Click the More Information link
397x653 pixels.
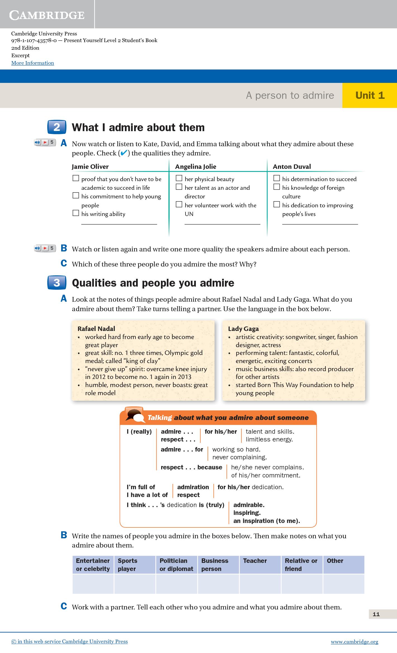coord(32,63)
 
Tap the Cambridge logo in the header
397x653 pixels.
coord(47,15)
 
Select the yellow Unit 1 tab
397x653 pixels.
coord(370,95)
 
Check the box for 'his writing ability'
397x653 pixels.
coord(76,213)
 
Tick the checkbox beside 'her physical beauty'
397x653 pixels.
coord(179,178)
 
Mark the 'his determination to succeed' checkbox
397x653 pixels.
coord(277,178)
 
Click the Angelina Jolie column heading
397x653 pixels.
coord(196,167)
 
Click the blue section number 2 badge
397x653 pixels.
coord(57,127)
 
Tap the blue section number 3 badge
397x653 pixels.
coord(57,283)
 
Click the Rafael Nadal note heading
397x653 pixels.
coord(96,329)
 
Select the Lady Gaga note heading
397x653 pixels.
coord(243,329)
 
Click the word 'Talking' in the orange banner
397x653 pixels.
coord(160,417)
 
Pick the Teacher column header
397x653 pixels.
coord(255,561)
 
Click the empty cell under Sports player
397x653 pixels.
coord(135,584)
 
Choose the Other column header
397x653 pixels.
coord(335,561)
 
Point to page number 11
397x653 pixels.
coord(376,614)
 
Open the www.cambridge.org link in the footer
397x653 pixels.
coord(354,642)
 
